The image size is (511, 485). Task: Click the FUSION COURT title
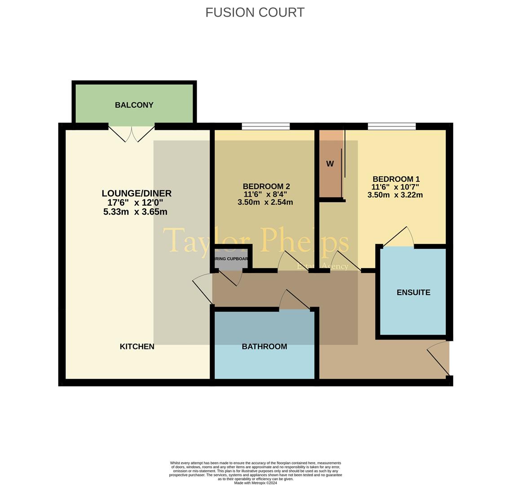pyautogui.click(x=255, y=13)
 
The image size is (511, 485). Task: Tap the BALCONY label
pyautogui.click(x=134, y=105)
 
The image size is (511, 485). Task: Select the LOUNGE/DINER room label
pyautogui.click(x=137, y=194)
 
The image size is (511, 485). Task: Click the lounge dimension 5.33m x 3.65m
pyautogui.click(x=135, y=212)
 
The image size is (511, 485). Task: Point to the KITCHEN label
pyautogui.click(x=137, y=347)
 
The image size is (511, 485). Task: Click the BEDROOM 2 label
pyautogui.click(x=266, y=186)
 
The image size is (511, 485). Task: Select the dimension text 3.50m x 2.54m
pyautogui.click(x=265, y=203)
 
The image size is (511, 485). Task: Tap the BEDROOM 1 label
pyautogui.click(x=396, y=179)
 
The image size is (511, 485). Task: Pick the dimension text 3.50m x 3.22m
pyautogui.click(x=395, y=195)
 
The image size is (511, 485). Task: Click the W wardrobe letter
pyautogui.click(x=330, y=164)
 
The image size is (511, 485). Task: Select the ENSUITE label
pyautogui.click(x=413, y=292)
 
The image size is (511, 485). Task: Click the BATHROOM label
pyautogui.click(x=264, y=347)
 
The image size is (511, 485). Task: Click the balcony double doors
pyautogui.click(x=132, y=133)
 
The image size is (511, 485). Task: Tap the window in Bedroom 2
pyautogui.click(x=265, y=126)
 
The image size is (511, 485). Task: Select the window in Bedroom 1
pyautogui.click(x=392, y=126)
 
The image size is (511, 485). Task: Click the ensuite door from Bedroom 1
pyautogui.click(x=397, y=237)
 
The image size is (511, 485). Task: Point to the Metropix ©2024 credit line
pyautogui.click(x=255, y=483)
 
